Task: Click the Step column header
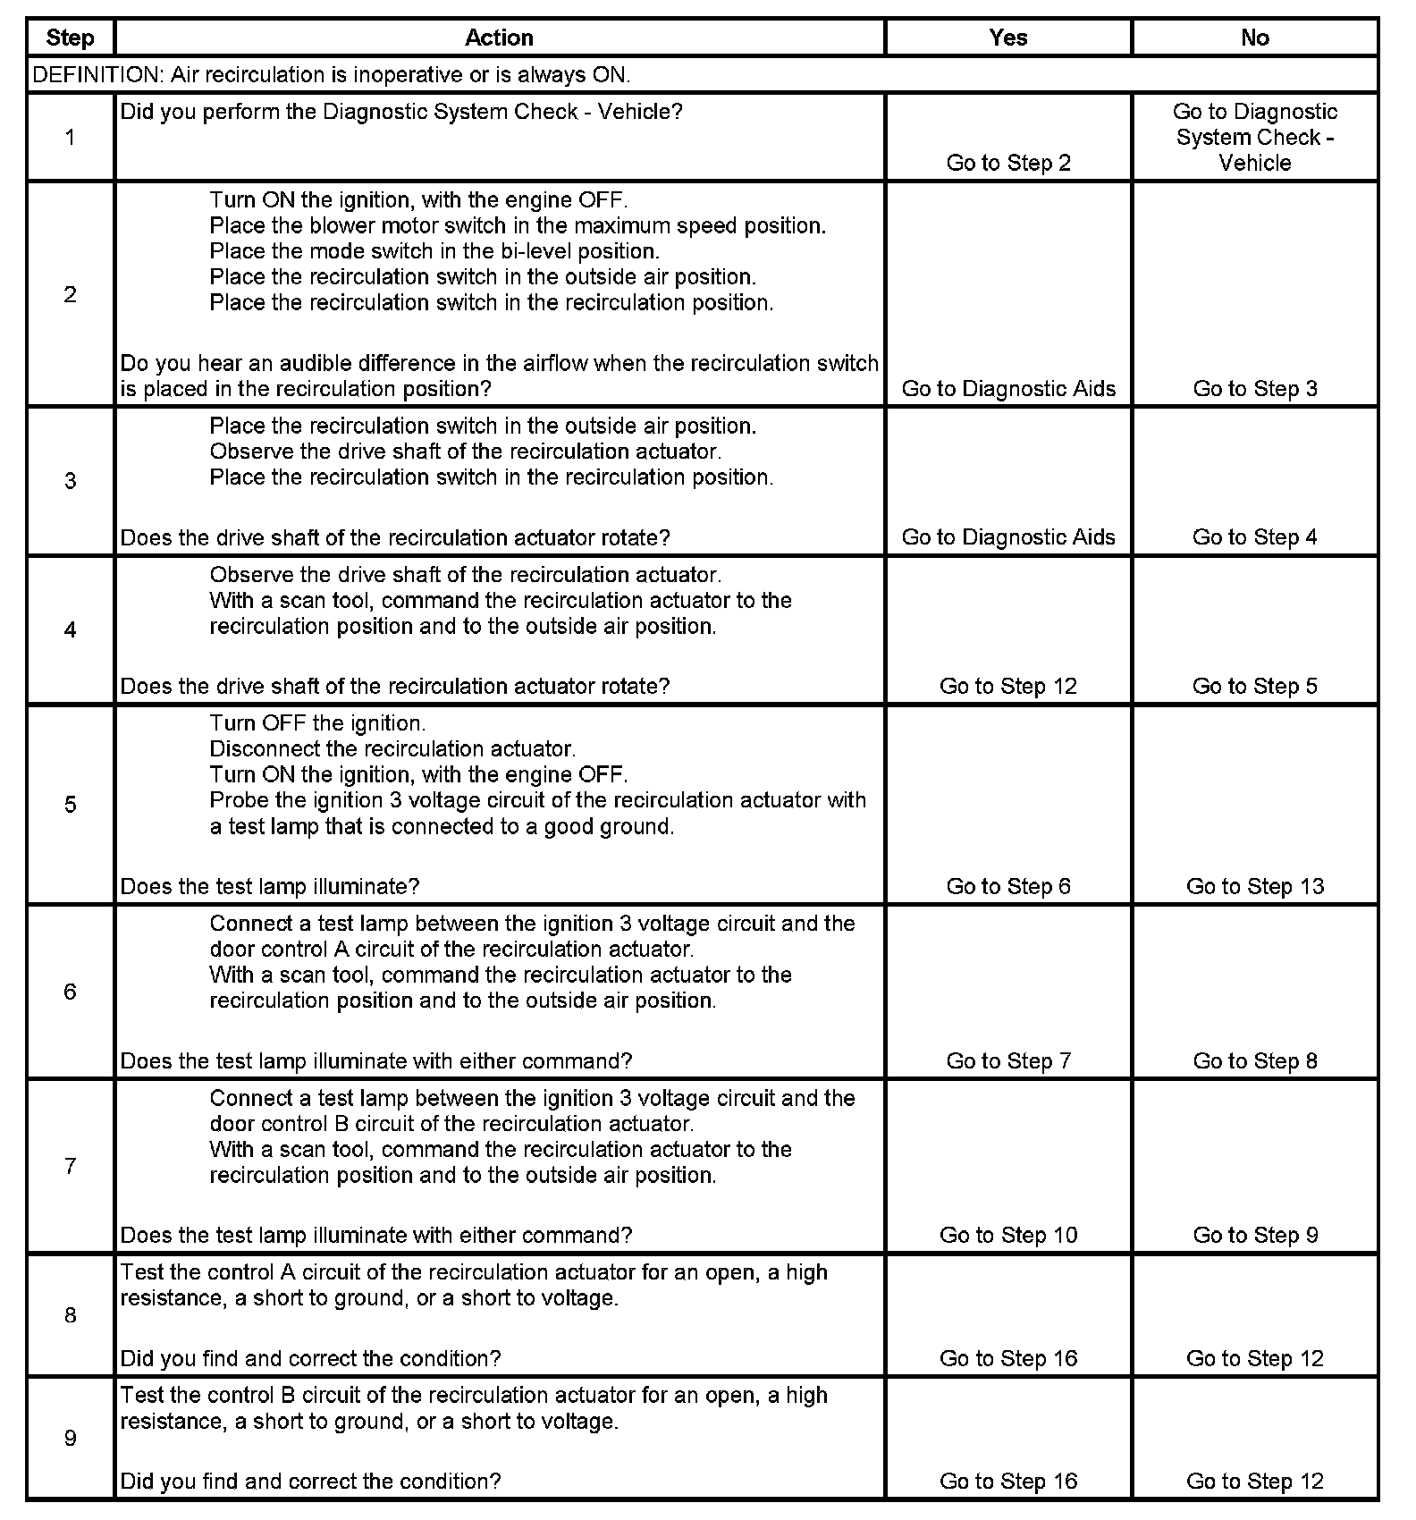point(70,38)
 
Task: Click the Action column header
point(499,38)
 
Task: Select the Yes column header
point(1007,38)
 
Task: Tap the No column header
point(1254,38)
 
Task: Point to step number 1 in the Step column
point(70,137)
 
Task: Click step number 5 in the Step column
point(70,805)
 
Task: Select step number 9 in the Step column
point(70,1438)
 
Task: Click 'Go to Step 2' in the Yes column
point(1007,163)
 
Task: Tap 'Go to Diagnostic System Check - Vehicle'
point(1254,137)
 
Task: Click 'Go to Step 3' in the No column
point(1254,389)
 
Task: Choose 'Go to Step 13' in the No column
point(1254,886)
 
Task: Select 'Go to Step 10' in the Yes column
point(1007,1235)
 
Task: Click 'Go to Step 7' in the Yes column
point(1007,1060)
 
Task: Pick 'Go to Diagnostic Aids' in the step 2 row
point(1007,389)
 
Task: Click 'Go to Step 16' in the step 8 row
point(1007,1358)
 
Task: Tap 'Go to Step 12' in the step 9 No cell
point(1254,1481)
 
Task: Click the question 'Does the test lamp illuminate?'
point(270,886)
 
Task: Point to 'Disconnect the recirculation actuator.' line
point(392,748)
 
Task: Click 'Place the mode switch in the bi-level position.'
point(434,251)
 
